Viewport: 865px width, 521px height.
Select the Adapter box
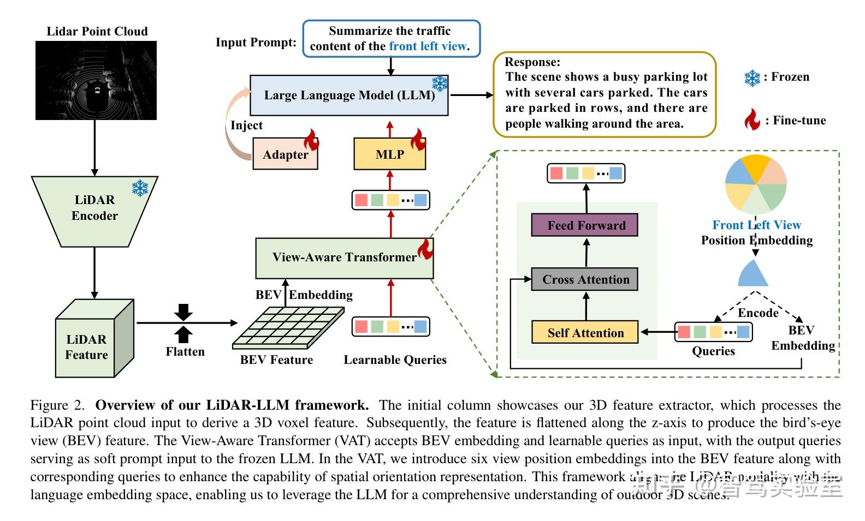pyautogui.click(x=285, y=154)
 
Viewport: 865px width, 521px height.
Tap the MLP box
pyautogui.click(x=389, y=154)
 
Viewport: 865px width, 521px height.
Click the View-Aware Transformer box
pyautogui.click(x=344, y=257)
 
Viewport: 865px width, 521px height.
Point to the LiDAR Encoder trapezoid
pyautogui.click(x=94, y=210)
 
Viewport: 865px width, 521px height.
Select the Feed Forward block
pyautogui.click(x=584, y=225)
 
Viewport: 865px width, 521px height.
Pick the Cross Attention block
pyautogui.click(x=584, y=279)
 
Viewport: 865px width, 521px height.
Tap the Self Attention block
pyautogui.click(x=584, y=333)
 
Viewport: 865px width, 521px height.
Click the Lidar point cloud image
pyautogui.click(x=96, y=80)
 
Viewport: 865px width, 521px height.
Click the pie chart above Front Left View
pyautogui.click(x=756, y=184)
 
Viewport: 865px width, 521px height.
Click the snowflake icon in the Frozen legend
pyautogui.click(x=752, y=78)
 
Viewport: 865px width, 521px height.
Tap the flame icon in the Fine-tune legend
pyautogui.click(x=752, y=119)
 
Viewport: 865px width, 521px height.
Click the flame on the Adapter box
pyautogui.click(x=311, y=140)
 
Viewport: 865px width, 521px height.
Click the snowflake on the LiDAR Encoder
pyautogui.click(x=140, y=189)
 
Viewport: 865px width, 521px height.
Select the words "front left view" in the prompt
pyautogui.click(x=428, y=46)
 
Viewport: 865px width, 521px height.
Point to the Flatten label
pyautogui.click(x=185, y=352)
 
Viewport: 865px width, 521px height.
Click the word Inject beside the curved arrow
pyautogui.click(x=246, y=125)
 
